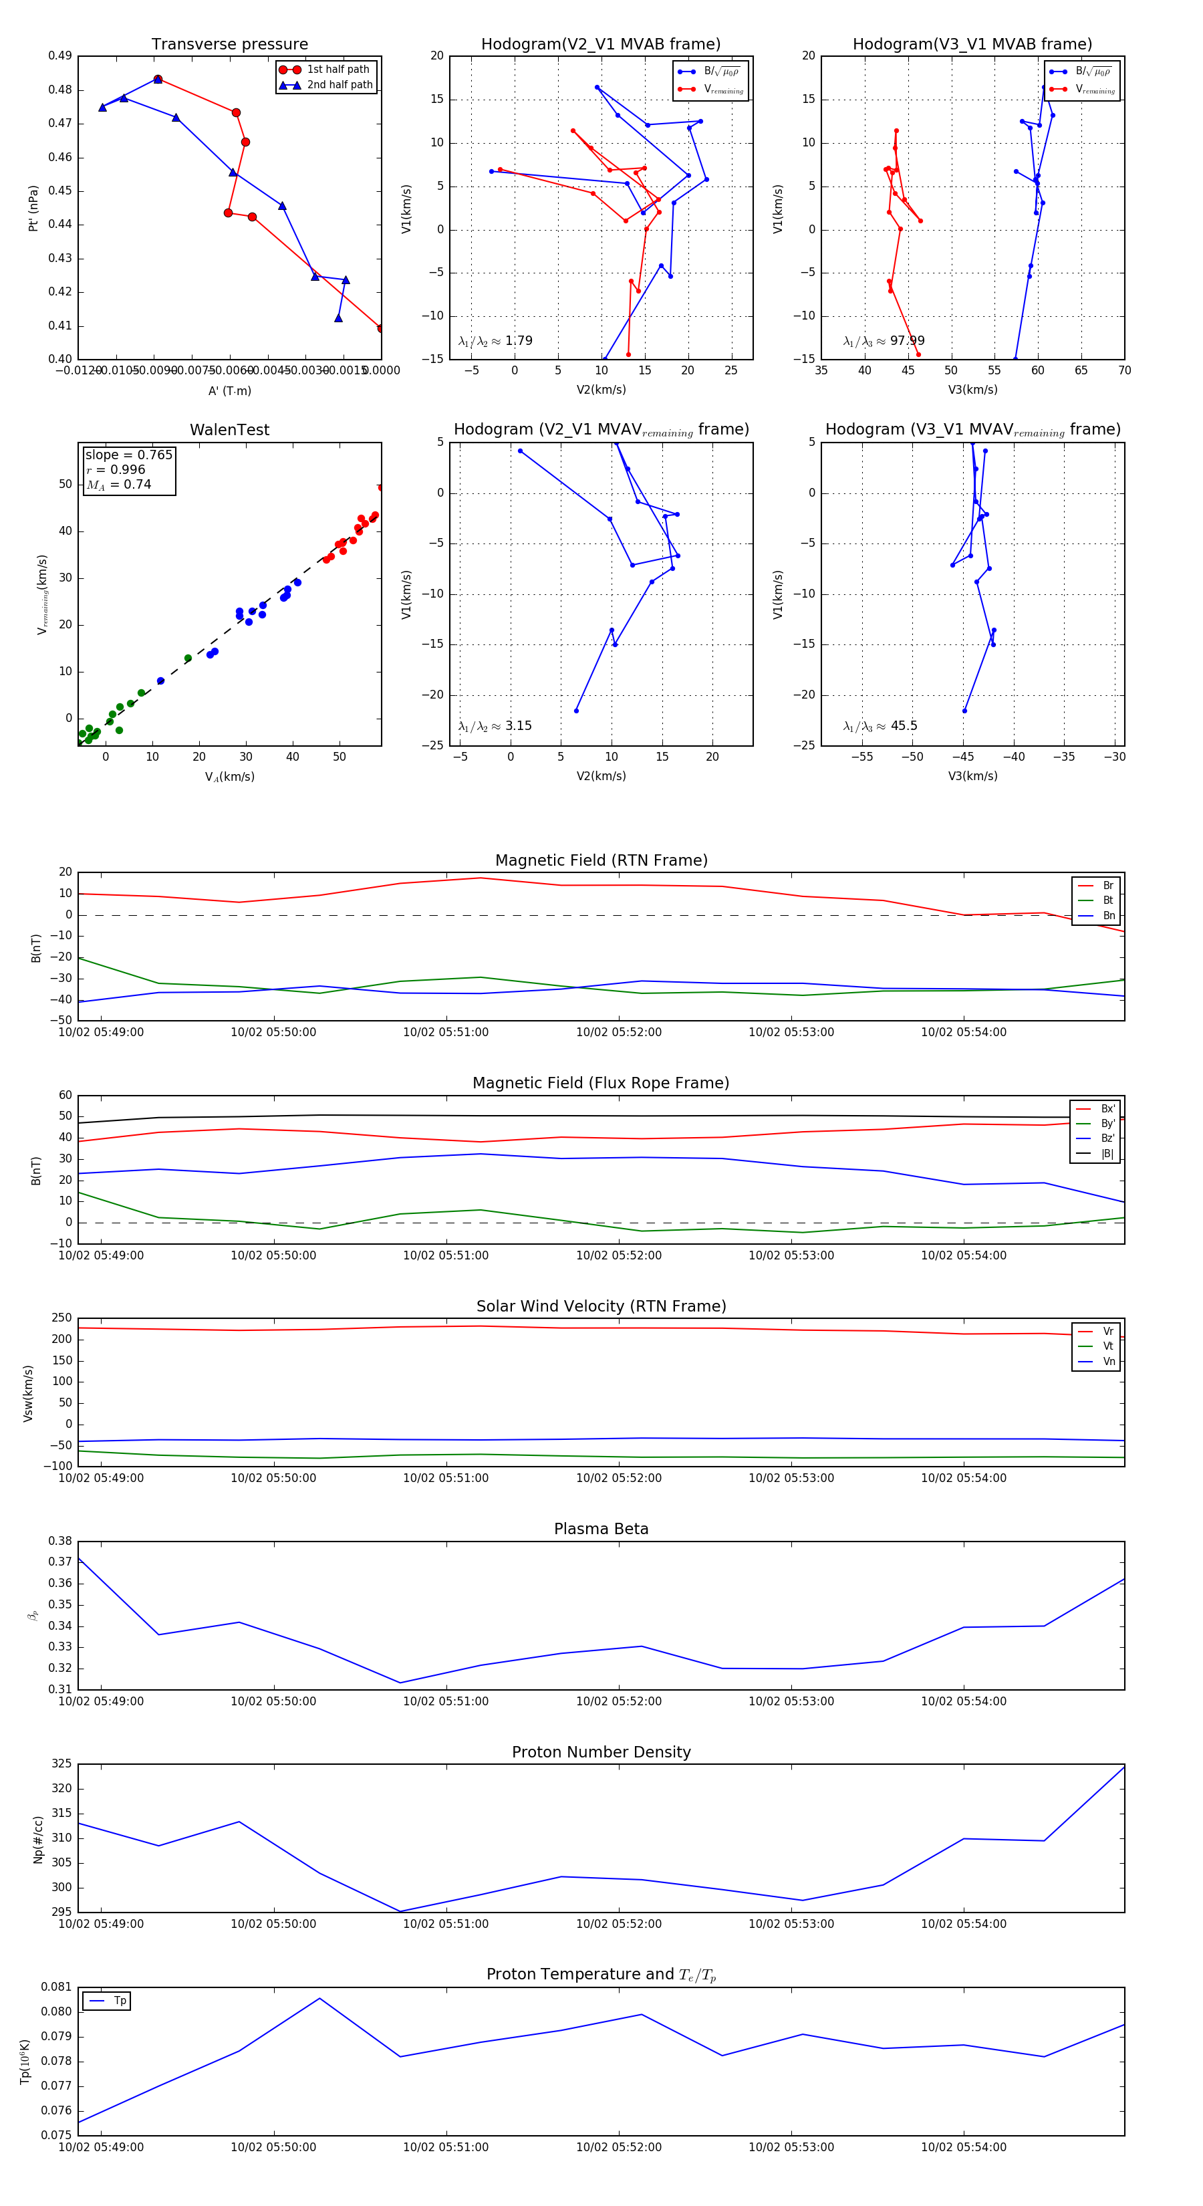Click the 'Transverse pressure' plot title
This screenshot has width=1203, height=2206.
coord(229,45)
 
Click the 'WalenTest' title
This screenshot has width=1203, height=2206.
coord(229,430)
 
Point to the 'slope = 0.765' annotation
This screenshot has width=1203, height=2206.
coord(128,455)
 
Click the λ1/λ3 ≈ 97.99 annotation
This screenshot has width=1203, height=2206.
coord(884,341)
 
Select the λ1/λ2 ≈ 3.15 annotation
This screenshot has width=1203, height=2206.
coord(495,726)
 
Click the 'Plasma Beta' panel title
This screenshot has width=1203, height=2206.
coord(601,1529)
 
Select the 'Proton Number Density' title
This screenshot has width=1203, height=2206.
coord(601,1752)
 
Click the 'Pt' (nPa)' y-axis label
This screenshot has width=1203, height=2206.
coord(33,208)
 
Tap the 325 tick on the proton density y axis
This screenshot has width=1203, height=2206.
coord(61,1764)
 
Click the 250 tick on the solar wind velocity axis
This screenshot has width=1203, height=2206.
coord(61,1318)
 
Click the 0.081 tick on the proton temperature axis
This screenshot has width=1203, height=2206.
coord(57,1987)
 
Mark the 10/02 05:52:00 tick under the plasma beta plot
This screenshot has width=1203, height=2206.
coord(618,1701)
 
